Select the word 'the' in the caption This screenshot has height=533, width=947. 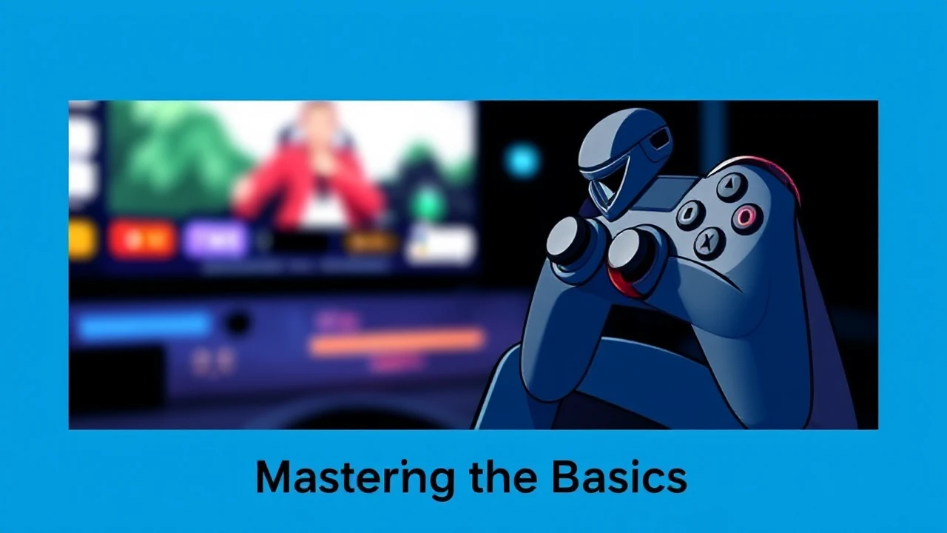[x=504, y=478]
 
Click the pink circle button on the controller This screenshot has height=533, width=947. [x=746, y=215]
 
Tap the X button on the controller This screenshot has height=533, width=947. [x=710, y=241]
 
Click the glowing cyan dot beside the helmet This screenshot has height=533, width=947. [x=522, y=161]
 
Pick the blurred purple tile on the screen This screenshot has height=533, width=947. [x=215, y=240]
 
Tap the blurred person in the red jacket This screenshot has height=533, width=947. [x=314, y=174]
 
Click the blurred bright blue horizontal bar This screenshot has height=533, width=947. [x=144, y=325]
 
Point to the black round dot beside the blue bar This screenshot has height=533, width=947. [x=237, y=324]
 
